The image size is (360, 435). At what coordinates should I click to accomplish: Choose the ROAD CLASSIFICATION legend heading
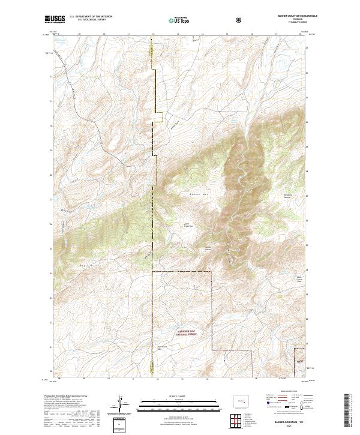coord(287,395)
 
